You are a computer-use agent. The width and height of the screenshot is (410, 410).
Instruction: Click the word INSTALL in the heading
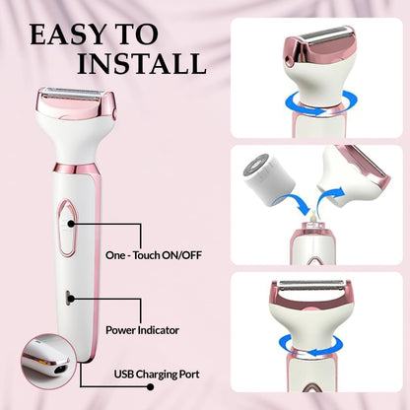pos(142,63)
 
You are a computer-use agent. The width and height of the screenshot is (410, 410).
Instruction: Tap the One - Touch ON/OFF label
pos(154,255)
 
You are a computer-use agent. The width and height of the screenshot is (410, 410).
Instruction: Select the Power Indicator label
pos(142,330)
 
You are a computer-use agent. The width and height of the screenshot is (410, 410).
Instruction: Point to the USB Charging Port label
pos(157,375)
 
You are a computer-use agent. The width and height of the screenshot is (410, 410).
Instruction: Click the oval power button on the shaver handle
pos(67,228)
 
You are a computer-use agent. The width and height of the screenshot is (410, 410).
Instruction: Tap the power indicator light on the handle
pos(68,298)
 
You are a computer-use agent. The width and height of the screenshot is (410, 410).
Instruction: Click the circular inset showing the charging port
pos(48,362)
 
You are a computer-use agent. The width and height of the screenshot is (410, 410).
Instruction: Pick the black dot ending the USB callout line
pos(150,386)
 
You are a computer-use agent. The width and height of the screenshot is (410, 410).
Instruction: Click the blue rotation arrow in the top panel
pos(320,103)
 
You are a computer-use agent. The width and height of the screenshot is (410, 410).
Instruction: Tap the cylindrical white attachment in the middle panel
pos(269,178)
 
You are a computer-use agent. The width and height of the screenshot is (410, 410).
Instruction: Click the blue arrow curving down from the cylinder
pos(294,202)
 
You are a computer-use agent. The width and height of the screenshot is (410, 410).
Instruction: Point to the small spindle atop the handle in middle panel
pos(313,218)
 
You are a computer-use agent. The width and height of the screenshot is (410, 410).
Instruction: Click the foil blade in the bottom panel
pos(310,285)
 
